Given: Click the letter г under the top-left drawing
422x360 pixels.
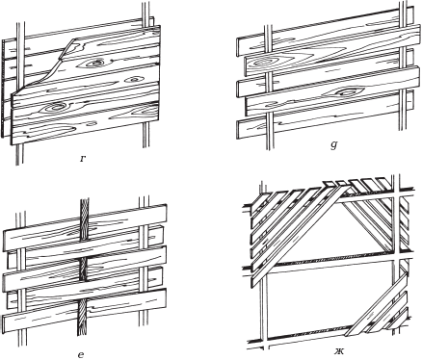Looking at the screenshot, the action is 83,158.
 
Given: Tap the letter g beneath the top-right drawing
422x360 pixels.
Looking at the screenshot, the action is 333,145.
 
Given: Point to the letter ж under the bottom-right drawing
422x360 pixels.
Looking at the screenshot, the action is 338,351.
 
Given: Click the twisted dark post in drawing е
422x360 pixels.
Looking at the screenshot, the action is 84,267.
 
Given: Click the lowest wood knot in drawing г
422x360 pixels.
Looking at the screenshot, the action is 54,107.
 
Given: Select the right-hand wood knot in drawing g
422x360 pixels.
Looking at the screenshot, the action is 346,92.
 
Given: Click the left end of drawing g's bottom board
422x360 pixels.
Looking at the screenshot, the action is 237,130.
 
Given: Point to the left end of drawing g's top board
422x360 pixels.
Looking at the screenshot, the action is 238,47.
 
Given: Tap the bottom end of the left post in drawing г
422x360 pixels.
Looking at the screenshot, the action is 19,164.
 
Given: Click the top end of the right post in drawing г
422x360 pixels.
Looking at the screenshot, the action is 146,3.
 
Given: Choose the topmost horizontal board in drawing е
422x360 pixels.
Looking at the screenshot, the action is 85,227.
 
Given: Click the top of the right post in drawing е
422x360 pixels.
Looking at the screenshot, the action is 144,199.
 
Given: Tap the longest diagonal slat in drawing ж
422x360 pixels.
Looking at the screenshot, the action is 298,230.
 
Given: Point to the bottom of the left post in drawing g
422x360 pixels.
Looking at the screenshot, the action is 268,148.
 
